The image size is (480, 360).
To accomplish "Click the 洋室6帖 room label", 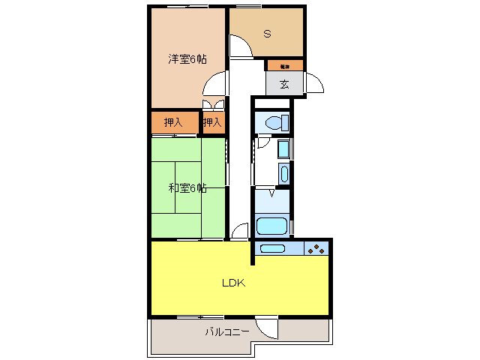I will [x=187, y=59].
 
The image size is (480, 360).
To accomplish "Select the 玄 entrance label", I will [x=284, y=83].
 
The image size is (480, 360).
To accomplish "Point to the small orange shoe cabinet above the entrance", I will [x=284, y=65].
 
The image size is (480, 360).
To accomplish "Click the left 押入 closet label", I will [x=174, y=121].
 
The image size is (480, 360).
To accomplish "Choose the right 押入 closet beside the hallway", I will [x=213, y=121].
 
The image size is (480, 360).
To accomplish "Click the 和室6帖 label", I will [x=187, y=187].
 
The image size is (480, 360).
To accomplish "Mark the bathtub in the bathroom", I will [x=271, y=226].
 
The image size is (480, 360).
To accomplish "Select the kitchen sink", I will [x=272, y=249].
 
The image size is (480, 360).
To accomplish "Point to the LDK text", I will [x=232, y=283].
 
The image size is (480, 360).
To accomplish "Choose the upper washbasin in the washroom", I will [x=282, y=148].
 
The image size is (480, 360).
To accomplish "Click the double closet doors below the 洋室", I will [x=213, y=105].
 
